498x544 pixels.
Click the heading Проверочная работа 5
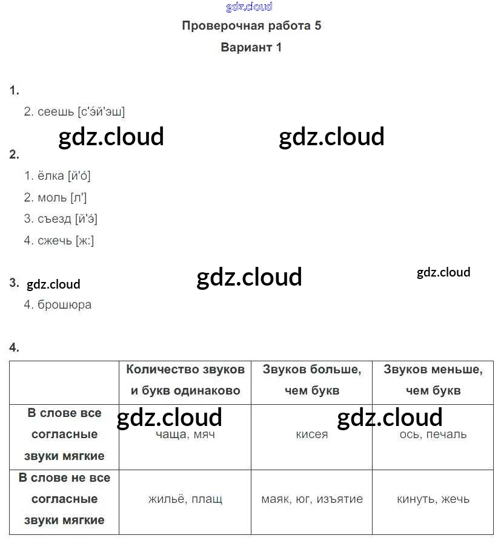251,26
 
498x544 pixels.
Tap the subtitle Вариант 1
251,47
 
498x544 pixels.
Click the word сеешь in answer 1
56,112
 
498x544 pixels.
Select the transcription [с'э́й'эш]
102,112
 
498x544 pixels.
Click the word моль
52,198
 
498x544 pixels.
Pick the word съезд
55,219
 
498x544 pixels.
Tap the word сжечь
55,241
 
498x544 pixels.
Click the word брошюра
64,305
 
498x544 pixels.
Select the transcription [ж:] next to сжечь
85,241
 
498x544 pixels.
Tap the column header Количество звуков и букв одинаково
185,380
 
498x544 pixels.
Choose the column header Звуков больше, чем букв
312,380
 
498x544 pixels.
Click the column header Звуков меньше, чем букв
433,380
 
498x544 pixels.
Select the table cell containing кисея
312,434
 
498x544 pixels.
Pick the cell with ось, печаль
433,434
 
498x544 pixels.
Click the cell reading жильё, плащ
185,499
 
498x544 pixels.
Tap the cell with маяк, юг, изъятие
312,499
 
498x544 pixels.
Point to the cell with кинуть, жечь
433,499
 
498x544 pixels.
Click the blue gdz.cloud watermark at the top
249,7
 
